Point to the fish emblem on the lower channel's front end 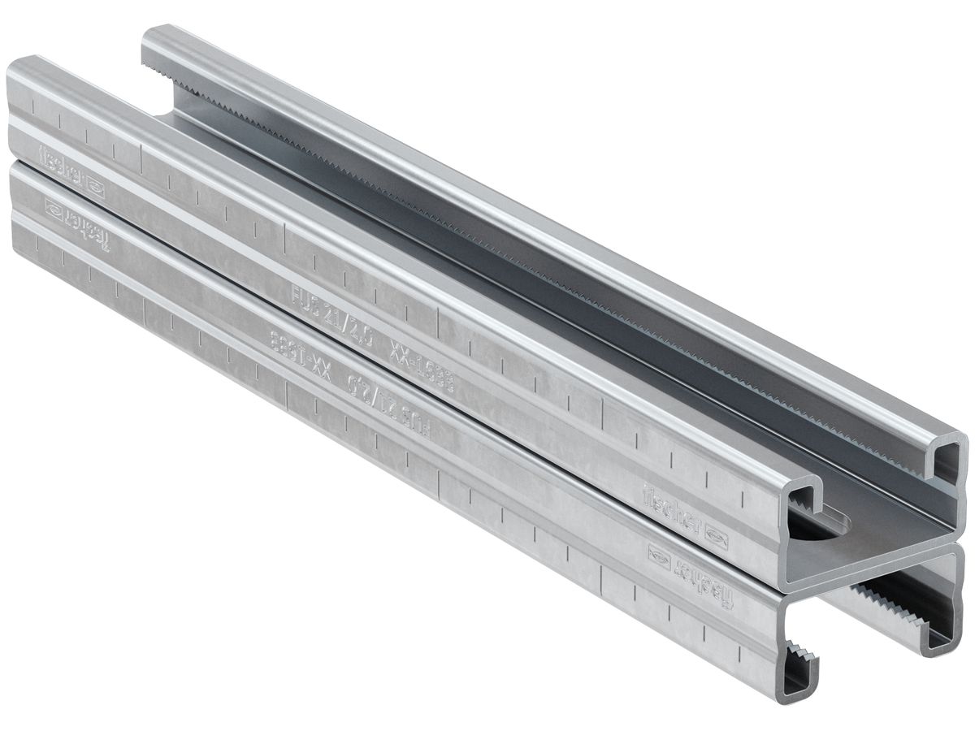(x=659, y=556)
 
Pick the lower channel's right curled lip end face (x=942, y=625)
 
